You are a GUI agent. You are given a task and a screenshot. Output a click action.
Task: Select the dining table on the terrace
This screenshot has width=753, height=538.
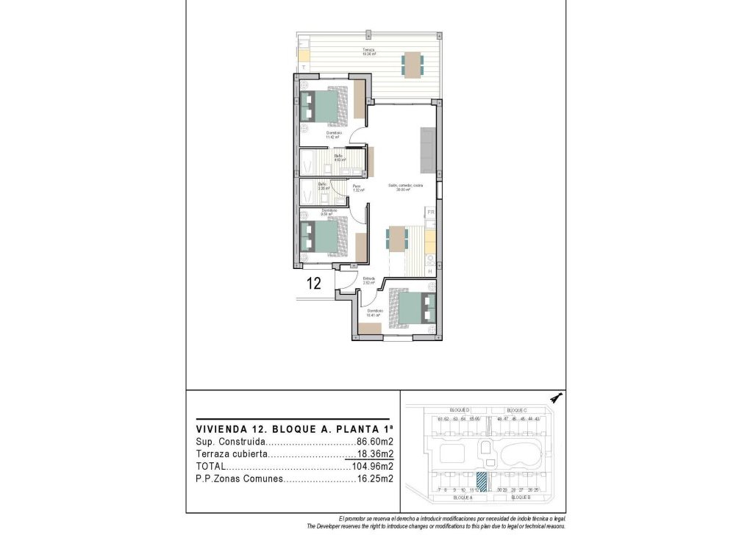point(412,64)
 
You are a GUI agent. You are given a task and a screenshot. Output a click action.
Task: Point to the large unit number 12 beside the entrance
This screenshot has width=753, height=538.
point(313,284)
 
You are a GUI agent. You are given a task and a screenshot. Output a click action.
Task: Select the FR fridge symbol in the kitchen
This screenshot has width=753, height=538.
point(432,212)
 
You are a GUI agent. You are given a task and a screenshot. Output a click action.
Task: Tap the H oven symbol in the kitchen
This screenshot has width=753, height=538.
point(432,271)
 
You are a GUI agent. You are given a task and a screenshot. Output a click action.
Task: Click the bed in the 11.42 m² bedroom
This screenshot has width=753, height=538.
point(322,105)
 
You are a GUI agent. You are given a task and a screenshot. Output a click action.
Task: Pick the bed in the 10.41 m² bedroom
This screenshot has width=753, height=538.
point(414,307)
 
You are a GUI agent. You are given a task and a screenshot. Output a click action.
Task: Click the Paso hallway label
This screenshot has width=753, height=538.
point(357,187)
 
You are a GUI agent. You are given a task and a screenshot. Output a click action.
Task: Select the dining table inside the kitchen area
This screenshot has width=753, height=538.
point(396,238)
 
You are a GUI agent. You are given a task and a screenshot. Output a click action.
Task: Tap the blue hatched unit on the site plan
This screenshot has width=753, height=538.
point(482,481)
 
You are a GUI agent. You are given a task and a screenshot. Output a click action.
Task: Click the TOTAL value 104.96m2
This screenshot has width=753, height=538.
point(372,466)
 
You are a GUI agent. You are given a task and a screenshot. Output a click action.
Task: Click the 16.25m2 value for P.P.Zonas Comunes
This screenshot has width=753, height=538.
point(375,478)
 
